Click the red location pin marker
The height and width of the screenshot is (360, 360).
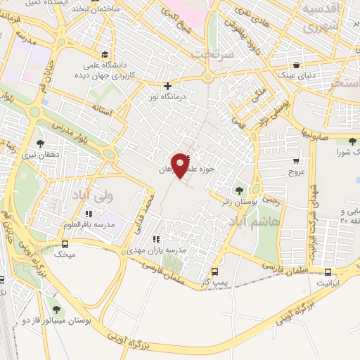tap(181, 165)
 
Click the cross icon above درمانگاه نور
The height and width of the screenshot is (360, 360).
tap(167, 86)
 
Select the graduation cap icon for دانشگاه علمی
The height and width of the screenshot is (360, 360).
tap(105, 54)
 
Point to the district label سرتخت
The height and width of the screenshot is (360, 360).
tap(210, 54)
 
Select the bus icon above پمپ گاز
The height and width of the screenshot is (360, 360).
tap(214, 271)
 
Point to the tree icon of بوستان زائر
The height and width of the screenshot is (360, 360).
tap(239, 190)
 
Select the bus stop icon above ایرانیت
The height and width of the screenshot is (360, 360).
tap(328, 272)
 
